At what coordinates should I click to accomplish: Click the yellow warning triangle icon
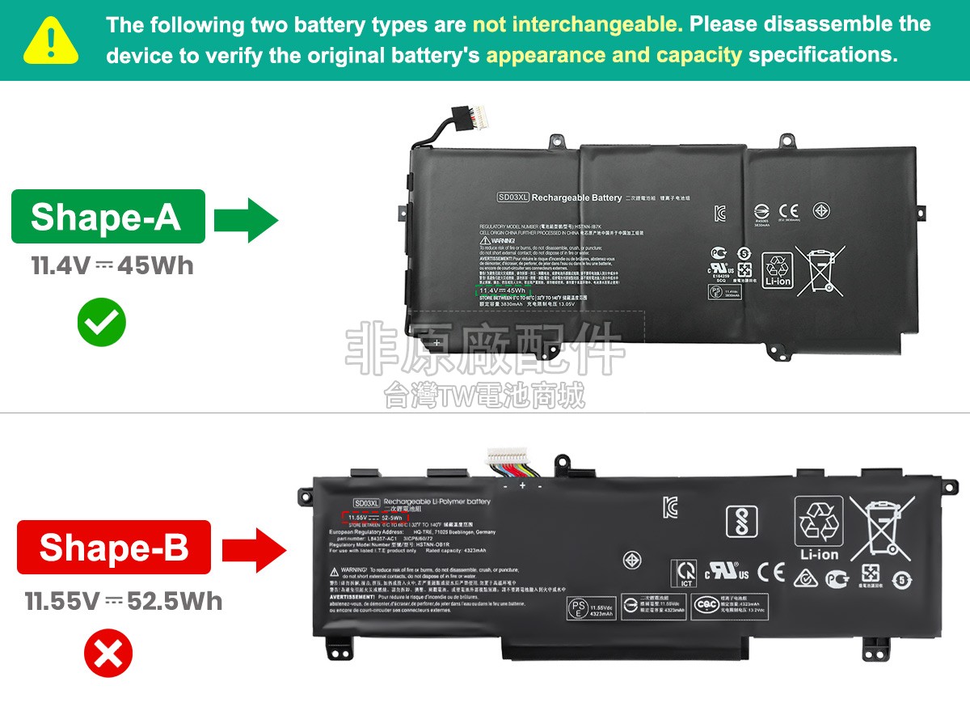(51, 40)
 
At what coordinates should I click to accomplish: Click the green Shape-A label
(108, 216)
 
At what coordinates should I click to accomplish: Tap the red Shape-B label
(113, 547)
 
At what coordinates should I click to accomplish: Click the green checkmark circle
(101, 322)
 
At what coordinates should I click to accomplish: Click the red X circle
(108, 654)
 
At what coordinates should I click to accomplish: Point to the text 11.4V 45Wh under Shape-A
(112, 265)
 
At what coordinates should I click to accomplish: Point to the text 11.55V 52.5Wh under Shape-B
(123, 601)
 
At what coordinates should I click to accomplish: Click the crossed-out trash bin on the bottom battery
(880, 529)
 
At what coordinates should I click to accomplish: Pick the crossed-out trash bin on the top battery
(820, 269)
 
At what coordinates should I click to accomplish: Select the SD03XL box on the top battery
(512, 197)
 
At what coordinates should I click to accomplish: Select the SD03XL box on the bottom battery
(366, 502)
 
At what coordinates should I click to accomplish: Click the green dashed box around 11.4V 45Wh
(502, 290)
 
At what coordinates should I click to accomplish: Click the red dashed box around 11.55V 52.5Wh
(374, 517)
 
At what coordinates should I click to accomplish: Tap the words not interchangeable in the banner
(577, 24)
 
